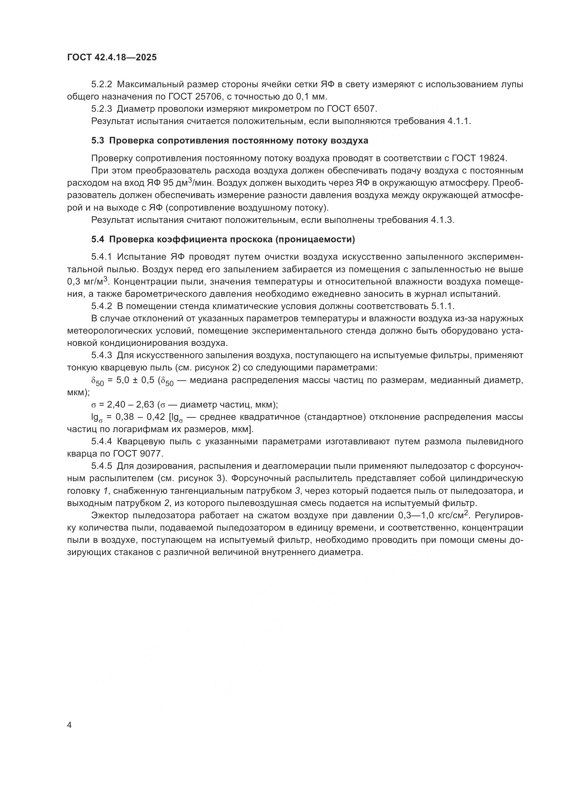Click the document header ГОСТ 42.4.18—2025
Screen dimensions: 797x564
coord(112,57)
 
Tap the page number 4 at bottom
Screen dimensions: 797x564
coord(70,725)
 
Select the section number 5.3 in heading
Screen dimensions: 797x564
coord(98,141)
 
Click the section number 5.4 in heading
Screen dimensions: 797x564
coord(98,240)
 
